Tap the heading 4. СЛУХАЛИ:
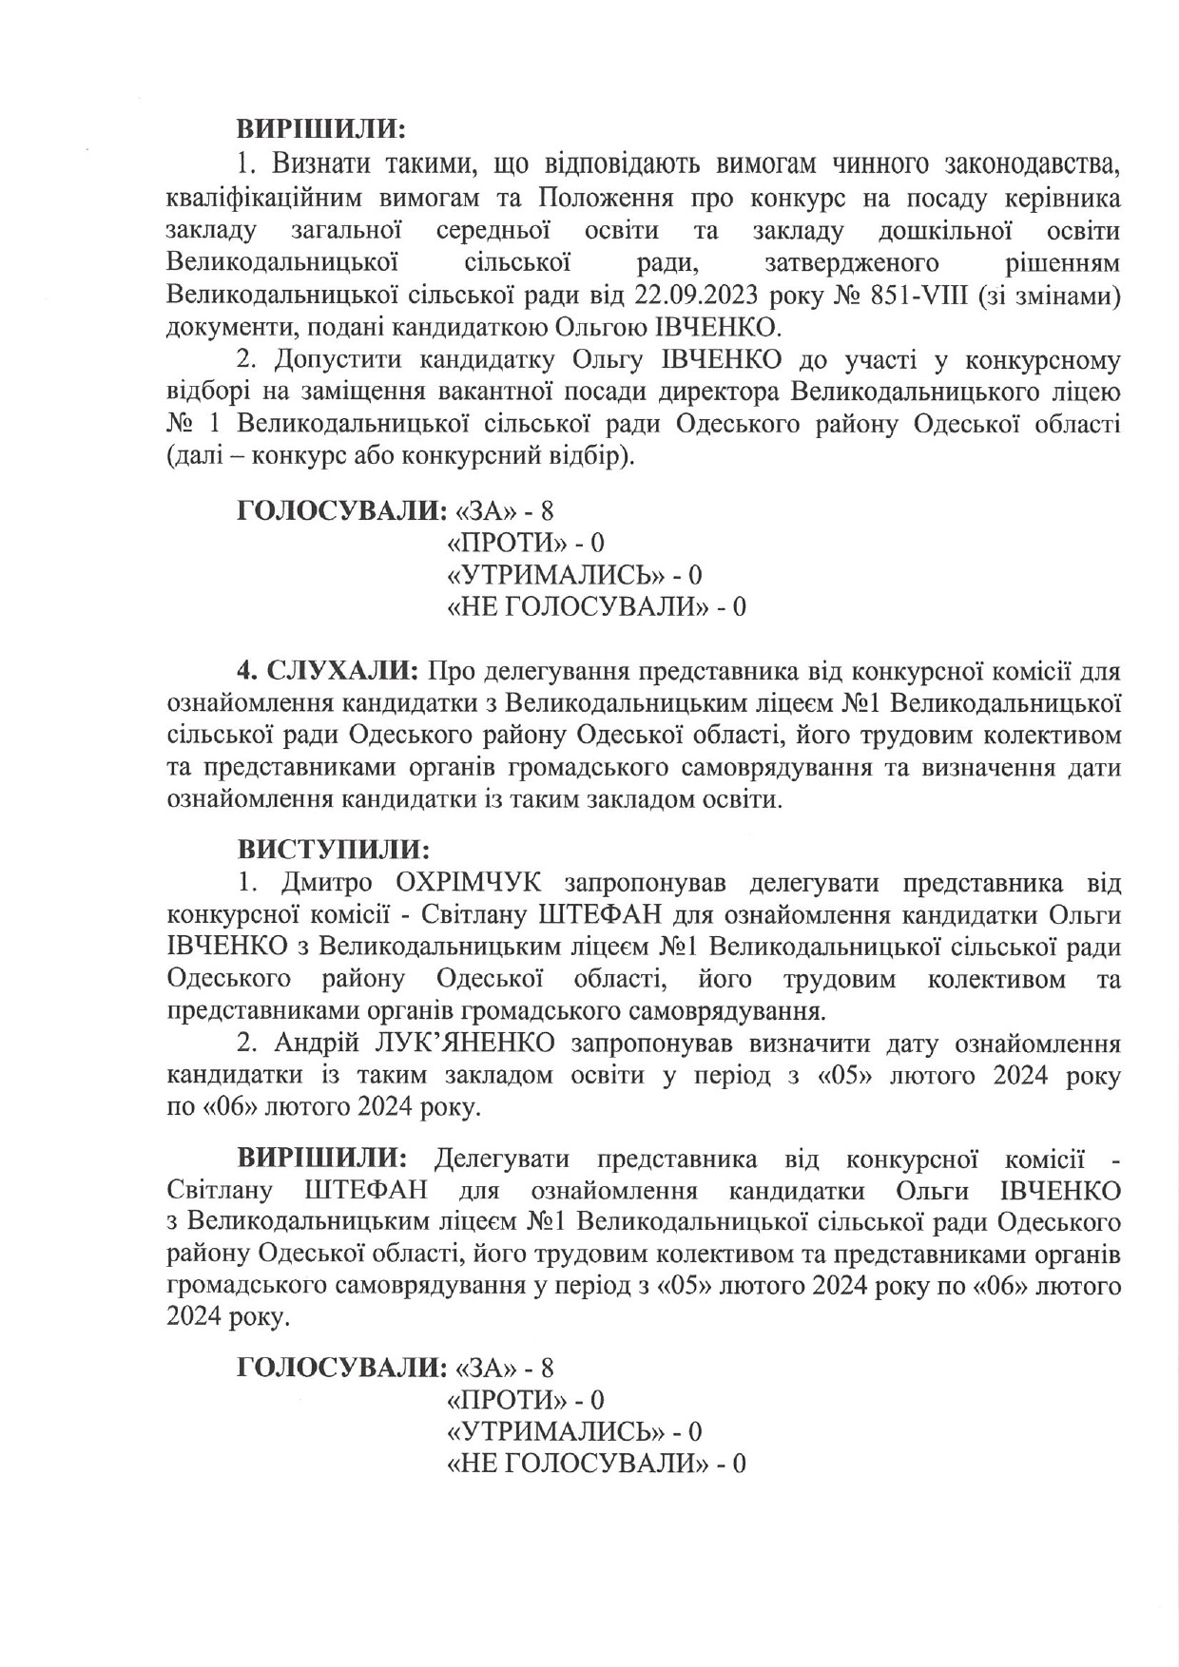pyautogui.click(x=328, y=672)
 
